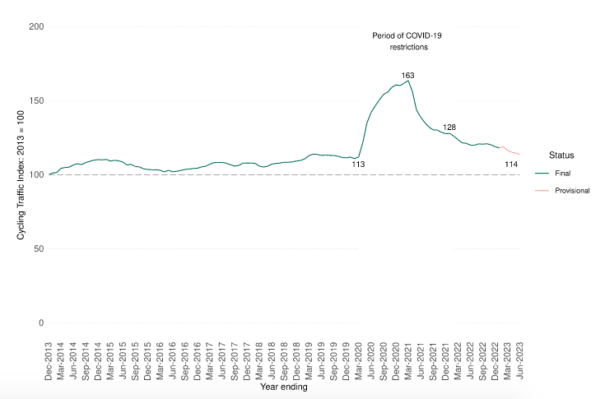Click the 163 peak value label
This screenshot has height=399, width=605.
tap(407, 76)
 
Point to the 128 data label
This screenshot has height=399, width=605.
tap(449, 128)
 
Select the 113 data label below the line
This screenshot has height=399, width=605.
tap(359, 165)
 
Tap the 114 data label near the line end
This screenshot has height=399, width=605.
tap(511, 165)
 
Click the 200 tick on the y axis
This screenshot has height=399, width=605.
tap(36, 27)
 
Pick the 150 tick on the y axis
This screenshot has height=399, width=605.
tap(36, 101)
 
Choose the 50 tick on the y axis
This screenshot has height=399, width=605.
tap(39, 248)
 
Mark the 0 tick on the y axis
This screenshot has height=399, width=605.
tap(41, 322)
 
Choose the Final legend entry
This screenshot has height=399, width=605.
tap(563, 174)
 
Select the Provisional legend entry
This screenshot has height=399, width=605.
tap(572, 190)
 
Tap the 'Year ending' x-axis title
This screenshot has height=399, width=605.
tap(284, 387)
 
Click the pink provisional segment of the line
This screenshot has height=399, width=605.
tap(511, 152)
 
